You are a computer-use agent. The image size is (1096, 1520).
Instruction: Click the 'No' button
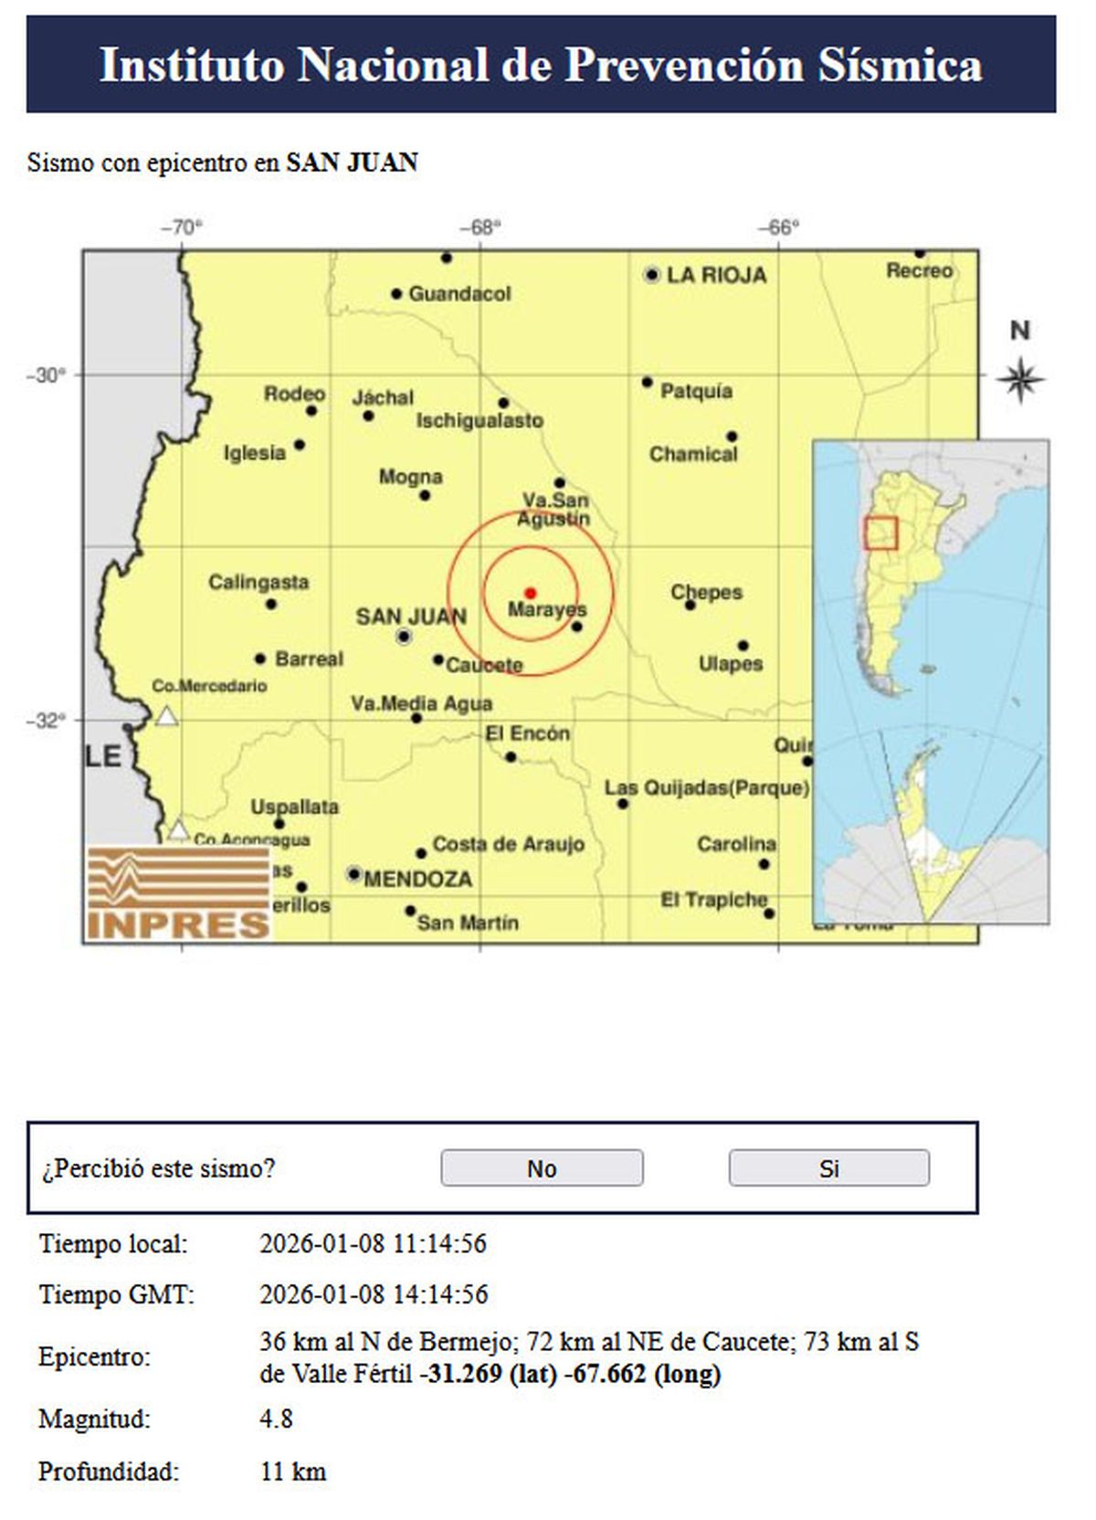click(542, 1168)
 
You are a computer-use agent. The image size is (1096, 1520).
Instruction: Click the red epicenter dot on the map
click(531, 594)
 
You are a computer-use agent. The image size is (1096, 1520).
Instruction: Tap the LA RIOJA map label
click(716, 275)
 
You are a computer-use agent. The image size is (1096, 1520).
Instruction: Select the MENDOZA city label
click(417, 879)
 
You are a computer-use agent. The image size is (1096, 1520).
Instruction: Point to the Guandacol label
click(459, 294)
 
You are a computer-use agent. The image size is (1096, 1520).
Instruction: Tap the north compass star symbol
click(1020, 379)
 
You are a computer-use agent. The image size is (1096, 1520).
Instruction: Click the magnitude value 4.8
click(276, 1419)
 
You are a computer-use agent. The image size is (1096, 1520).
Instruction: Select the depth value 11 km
click(292, 1472)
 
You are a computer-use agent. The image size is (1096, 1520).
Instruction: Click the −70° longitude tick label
click(181, 227)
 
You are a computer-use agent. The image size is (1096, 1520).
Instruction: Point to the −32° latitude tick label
click(46, 721)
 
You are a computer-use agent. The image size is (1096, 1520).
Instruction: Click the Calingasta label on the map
click(258, 582)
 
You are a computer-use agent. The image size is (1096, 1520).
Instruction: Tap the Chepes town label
click(706, 592)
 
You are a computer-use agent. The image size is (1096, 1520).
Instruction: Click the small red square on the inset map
click(881, 533)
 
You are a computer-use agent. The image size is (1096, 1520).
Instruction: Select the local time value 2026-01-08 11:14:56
click(373, 1243)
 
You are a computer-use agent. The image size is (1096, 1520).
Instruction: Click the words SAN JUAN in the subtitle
click(352, 163)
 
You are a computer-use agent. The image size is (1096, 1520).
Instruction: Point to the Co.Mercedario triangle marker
click(166, 716)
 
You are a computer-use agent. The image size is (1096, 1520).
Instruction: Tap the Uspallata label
click(294, 807)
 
